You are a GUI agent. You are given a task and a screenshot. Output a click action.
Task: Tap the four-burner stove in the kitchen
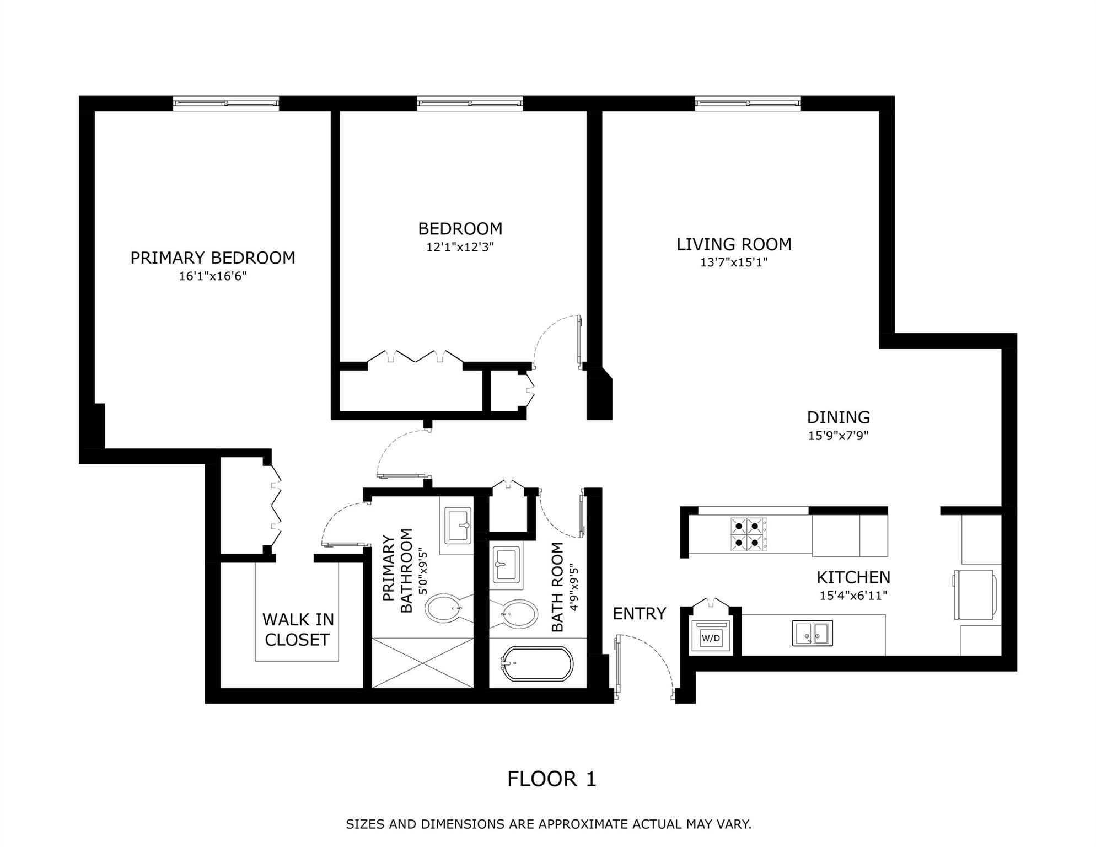coord(749,534)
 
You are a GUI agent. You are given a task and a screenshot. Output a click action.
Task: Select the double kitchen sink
coord(813,633)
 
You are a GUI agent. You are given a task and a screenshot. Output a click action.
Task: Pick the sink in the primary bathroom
coord(457,526)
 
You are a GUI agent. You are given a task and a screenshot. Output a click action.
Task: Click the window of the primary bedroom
coord(226,103)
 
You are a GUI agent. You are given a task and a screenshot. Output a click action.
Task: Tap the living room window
coord(748,103)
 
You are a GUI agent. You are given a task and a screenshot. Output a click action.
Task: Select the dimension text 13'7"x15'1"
coord(734,262)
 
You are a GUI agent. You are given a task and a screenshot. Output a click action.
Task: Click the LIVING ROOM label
coord(734,244)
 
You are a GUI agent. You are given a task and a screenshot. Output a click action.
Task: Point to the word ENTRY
coord(640,613)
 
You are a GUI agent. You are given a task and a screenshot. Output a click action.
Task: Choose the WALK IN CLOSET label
coord(298,630)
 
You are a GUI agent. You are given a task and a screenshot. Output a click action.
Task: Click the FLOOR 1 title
coord(552,779)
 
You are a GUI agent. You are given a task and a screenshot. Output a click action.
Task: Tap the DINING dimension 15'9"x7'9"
coord(838,436)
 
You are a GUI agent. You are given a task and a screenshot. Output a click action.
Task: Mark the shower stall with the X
coord(423,663)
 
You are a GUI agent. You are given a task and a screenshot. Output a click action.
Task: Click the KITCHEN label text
coord(853,577)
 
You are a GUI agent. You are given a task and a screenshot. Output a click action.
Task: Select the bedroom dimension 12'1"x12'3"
coord(460,246)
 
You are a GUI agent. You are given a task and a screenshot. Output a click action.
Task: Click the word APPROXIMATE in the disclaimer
coord(583,824)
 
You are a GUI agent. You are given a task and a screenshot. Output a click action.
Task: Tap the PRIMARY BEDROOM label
coord(213,258)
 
